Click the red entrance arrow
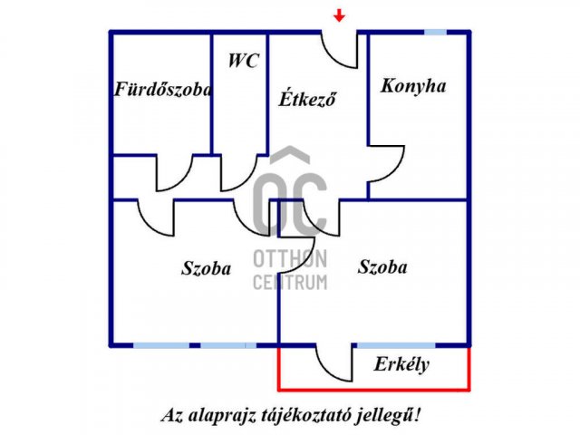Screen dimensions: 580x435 339,15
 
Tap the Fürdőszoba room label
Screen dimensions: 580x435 163,89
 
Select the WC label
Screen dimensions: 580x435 243,61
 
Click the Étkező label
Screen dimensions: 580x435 307,99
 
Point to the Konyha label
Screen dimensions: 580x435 413,87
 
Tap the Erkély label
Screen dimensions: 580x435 401,364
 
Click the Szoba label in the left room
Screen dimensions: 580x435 206,268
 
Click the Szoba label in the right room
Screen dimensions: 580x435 382,266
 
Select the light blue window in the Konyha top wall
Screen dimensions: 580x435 435,33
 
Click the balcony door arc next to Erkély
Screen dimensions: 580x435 325,371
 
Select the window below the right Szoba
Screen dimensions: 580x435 396,345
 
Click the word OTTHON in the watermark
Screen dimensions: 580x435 290,259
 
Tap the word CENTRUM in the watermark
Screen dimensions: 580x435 290,282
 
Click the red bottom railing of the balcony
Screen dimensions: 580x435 374,389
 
